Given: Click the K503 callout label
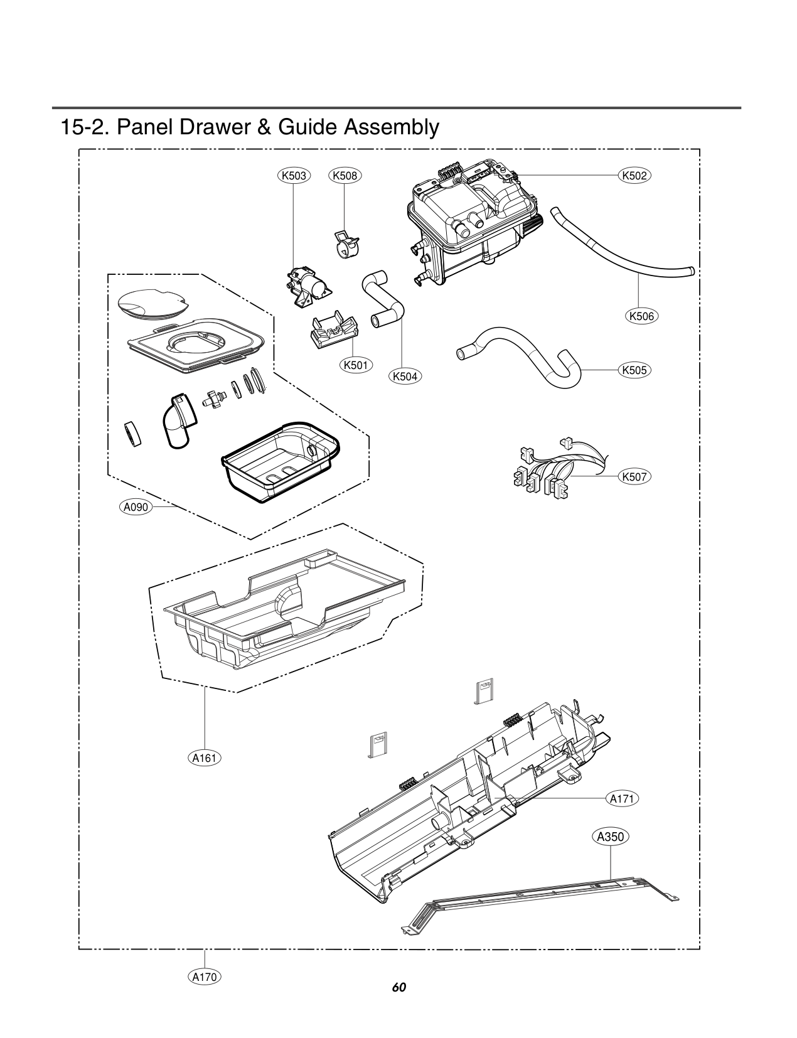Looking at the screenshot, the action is pyautogui.click(x=294, y=176).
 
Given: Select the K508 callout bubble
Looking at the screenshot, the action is pyautogui.click(x=345, y=176).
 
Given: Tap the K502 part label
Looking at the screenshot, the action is pyautogui.click(x=634, y=176).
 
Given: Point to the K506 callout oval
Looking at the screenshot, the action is pyautogui.click(x=641, y=316).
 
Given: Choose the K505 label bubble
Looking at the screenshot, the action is pyautogui.click(x=634, y=370).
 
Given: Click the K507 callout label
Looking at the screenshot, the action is pyautogui.click(x=634, y=477).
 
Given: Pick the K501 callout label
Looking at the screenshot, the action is pyautogui.click(x=356, y=365).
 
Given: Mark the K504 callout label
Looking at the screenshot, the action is pyautogui.click(x=405, y=377).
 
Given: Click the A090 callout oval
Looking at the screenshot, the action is pyautogui.click(x=136, y=507).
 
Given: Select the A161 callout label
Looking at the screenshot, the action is pyautogui.click(x=205, y=758).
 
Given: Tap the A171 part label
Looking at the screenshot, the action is pyautogui.click(x=622, y=799).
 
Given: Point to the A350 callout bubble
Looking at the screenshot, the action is pyautogui.click(x=611, y=837).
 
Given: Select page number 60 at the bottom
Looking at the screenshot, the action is pyautogui.click(x=398, y=987).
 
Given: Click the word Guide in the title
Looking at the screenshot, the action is pyautogui.click(x=307, y=127).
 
